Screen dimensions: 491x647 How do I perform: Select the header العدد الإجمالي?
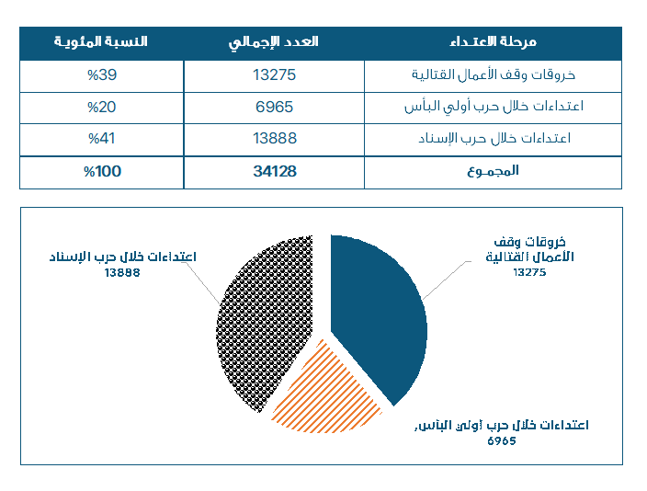(x=274, y=42)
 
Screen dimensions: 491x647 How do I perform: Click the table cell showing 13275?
(x=274, y=75)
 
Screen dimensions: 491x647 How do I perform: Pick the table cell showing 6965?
(x=274, y=107)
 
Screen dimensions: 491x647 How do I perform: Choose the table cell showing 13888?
(x=274, y=139)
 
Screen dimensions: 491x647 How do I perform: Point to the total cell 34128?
(x=274, y=171)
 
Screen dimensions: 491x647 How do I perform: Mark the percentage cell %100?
(x=101, y=171)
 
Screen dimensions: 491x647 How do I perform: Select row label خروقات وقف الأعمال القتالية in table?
(x=510, y=75)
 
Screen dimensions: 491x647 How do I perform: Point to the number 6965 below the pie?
(x=502, y=440)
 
